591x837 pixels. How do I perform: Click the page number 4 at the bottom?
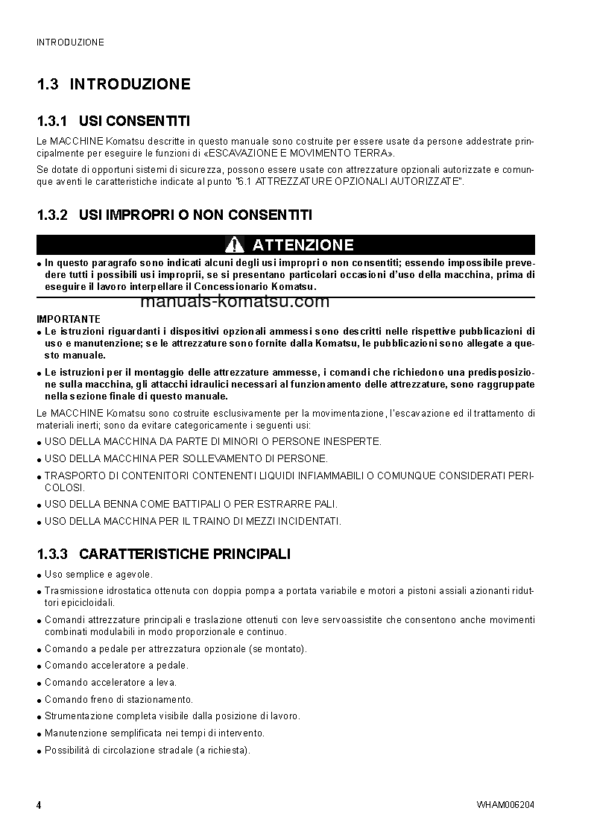(39, 805)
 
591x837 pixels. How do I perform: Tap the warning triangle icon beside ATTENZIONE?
(234, 244)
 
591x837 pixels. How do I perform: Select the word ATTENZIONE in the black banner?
(303, 244)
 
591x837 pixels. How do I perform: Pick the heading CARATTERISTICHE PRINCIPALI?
(185, 554)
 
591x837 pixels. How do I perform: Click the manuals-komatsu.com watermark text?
(224, 302)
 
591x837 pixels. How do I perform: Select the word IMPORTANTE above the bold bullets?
(69, 318)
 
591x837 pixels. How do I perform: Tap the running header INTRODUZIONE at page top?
(70, 42)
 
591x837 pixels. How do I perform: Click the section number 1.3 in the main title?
(48, 84)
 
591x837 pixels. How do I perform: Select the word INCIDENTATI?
(306, 521)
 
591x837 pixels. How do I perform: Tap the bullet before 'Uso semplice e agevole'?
(39, 575)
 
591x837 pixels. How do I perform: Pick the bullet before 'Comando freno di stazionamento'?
(39, 701)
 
